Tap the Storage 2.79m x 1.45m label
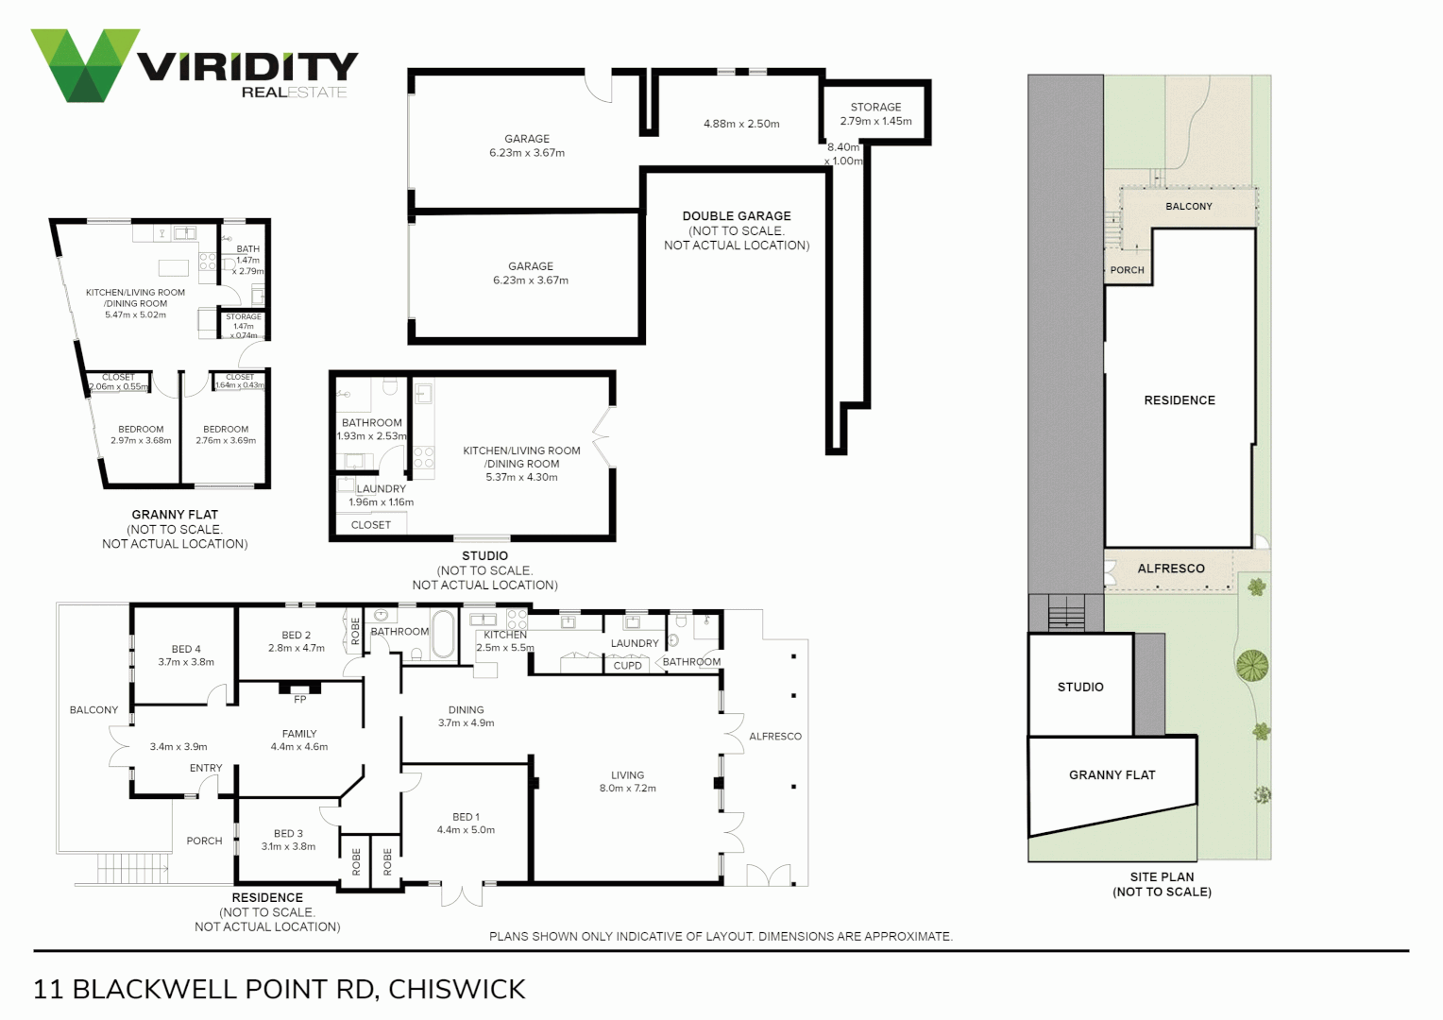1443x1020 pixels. click(875, 114)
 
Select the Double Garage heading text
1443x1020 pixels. click(737, 216)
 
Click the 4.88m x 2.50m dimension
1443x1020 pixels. click(741, 124)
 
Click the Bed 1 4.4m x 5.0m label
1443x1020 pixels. click(466, 824)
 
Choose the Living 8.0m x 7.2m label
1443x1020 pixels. click(627, 781)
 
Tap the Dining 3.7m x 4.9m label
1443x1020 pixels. click(466, 716)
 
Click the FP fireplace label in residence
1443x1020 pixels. click(300, 700)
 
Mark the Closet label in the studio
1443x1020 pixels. click(370, 525)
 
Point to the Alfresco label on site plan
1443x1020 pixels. click(1170, 569)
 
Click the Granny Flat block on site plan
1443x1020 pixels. click(1112, 775)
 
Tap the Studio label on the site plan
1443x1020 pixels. click(1079, 688)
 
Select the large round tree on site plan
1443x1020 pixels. click(1252, 666)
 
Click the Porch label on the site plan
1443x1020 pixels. click(1127, 270)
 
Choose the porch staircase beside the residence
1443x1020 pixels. click(132, 867)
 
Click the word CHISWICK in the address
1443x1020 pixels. click(457, 989)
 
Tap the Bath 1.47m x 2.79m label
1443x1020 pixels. click(248, 260)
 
